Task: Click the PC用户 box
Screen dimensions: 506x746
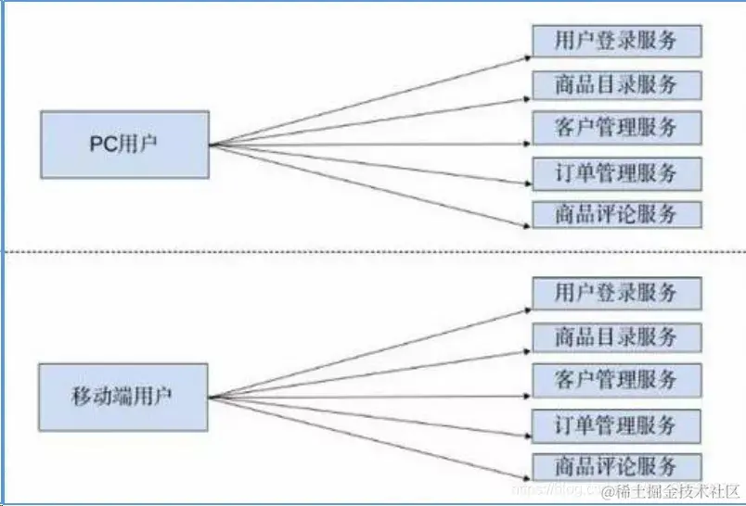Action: (x=124, y=145)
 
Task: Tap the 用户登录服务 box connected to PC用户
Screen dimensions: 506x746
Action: (x=616, y=42)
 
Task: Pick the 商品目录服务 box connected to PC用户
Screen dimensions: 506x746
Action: (x=616, y=85)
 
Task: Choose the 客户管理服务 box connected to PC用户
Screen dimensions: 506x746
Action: (x=616, y=127)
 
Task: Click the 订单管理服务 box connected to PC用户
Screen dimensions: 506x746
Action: (x=616, y=172)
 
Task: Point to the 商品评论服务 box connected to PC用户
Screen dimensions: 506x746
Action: (x=616, y=214)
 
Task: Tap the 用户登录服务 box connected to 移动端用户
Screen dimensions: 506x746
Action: (x=616, y=294)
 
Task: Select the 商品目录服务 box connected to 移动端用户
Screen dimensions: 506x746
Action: (x=616, y=336)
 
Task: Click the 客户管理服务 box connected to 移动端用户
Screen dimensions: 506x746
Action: (x=616, y=379)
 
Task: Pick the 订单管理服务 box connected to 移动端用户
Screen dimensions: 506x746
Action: (x=616, y=425)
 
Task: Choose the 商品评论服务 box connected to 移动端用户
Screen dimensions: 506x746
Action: (x=616, y=466)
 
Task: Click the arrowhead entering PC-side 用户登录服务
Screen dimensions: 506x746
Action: (x=526, y=56)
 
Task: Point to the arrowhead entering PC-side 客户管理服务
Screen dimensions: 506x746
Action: (x=526, y=144)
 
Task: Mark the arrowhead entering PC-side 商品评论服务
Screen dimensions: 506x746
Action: (x=526, y=225)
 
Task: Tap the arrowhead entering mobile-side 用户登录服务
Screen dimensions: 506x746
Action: (x=526, y=309)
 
